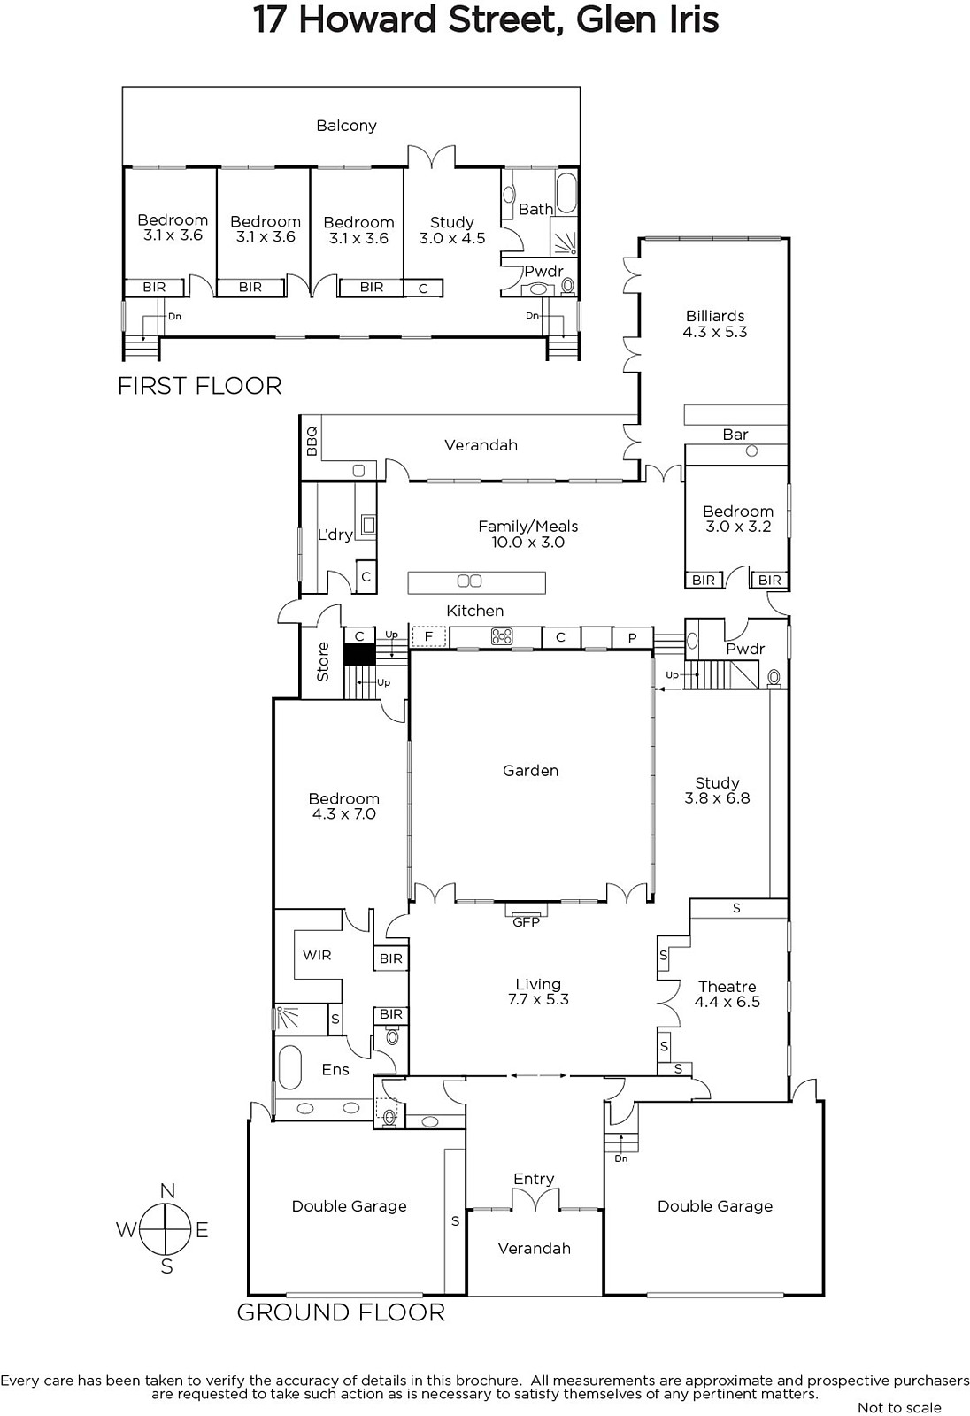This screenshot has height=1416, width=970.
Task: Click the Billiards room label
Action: pos(715,315)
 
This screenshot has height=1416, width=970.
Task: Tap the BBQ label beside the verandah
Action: pos(312,442)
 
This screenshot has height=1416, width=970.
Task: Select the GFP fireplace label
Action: pos(526,922)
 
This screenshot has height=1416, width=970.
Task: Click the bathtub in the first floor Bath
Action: pos(566,194)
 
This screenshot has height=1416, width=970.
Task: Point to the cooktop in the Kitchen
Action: pos(502,636)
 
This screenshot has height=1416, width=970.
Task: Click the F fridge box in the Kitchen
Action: pos(428,636)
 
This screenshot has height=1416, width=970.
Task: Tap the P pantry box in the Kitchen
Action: pos(632,638)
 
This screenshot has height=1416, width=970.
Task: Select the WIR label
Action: pos(317,955)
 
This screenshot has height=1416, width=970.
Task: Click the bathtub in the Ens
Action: pos(289,1067)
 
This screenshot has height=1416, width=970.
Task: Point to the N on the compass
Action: pos(167,1191)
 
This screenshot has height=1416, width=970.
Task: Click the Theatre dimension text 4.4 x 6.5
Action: pos(727,1001)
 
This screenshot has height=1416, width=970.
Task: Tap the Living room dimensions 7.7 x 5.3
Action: pos(538,999)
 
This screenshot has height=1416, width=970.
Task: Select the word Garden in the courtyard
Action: pos(530,771)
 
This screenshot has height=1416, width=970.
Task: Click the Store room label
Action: pos(323,661)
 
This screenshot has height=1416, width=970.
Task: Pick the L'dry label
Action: pos(335,535)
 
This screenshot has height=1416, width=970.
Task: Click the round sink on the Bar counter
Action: pos(752,451)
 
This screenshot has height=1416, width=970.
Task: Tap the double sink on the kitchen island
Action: pos(469,581)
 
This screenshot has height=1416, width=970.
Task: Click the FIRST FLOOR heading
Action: pos(200,386)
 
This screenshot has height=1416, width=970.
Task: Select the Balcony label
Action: pos(347,126)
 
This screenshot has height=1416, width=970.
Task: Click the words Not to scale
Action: pos(899,1407)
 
